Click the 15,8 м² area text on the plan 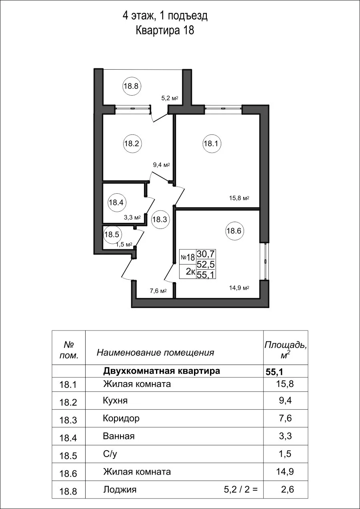(x=239, y=198)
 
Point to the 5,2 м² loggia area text (x=169, y=98)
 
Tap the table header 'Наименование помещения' (x=155, y=353)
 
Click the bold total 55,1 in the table (x=274, y=372)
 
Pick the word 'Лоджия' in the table (x=120, y=489)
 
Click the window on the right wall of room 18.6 (x=264, y=262)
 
